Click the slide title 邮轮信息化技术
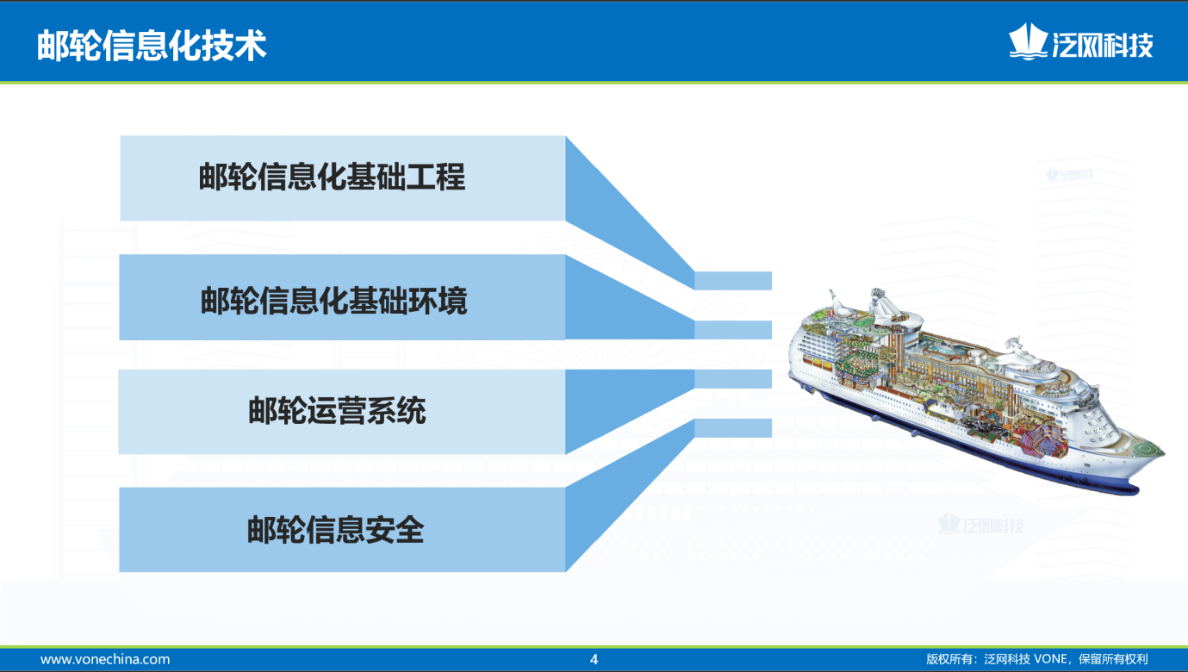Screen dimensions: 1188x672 (152, 45)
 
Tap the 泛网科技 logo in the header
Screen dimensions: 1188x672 (1080, 42)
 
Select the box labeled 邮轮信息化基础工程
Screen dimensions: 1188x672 (343, 178)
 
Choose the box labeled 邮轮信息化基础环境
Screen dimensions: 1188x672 (343, 297)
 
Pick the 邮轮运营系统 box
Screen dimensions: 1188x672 (342, 412)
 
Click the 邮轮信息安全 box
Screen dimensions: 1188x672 (343, 529)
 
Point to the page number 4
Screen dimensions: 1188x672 (594, 659)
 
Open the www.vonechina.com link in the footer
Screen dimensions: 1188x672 (105, 659)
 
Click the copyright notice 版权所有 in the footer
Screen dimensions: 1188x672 (1037, 659)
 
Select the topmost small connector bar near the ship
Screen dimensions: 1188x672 (733, 281)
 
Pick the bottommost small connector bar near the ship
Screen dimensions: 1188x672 (733, 428)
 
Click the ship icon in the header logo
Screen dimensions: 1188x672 (1028, 41)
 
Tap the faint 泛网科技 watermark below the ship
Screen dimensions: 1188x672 (980, 525)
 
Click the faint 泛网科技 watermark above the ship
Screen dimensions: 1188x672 (1070, 175)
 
